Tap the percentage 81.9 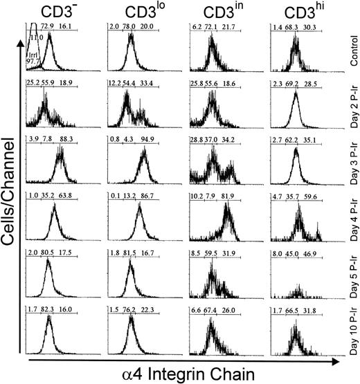point(228,196)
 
